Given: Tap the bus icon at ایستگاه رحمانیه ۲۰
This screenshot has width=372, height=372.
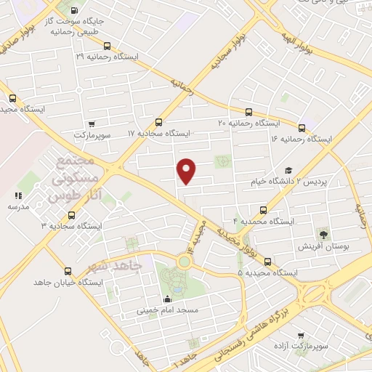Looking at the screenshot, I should click(249, 112).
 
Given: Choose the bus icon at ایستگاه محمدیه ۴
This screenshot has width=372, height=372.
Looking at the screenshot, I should click(262, 209).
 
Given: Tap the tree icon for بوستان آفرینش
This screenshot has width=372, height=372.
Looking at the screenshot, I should click(323, 234).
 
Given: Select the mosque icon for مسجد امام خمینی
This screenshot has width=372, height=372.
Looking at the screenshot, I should click(169, 299).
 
